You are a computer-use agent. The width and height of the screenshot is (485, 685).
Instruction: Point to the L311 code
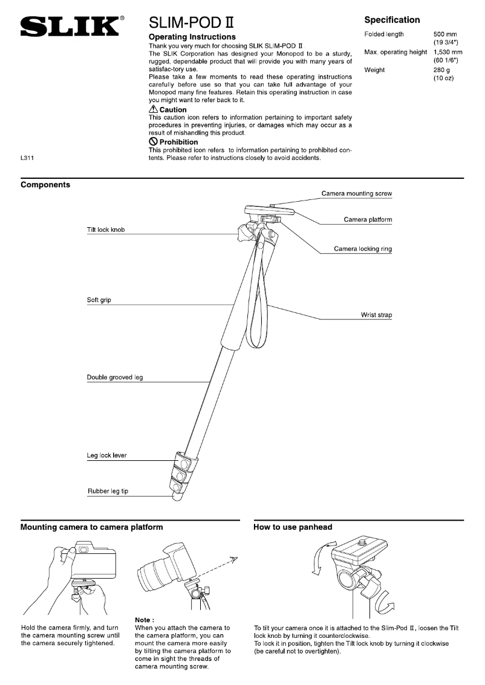(x=27, y=159)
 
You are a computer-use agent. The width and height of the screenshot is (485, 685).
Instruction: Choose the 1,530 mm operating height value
(x=448, y=53)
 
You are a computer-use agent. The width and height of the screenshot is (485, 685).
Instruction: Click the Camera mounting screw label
(x=356, y=194)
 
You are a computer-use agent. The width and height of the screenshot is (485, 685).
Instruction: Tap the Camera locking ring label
(x=363, y=249)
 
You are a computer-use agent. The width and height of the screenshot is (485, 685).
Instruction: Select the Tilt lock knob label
(x=106, y=230)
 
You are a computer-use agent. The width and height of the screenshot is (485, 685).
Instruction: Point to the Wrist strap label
(x=376, y=315)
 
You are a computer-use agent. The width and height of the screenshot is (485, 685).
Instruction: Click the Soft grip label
(x=99, y=300)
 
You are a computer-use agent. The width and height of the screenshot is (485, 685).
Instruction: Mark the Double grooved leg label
(x=115, y=378)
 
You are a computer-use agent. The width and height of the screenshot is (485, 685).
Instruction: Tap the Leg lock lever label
(x=107, y=455)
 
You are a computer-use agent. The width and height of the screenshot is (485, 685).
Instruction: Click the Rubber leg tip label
(x=108, y=491)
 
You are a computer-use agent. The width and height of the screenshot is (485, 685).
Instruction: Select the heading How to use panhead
(x=293, y=527)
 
